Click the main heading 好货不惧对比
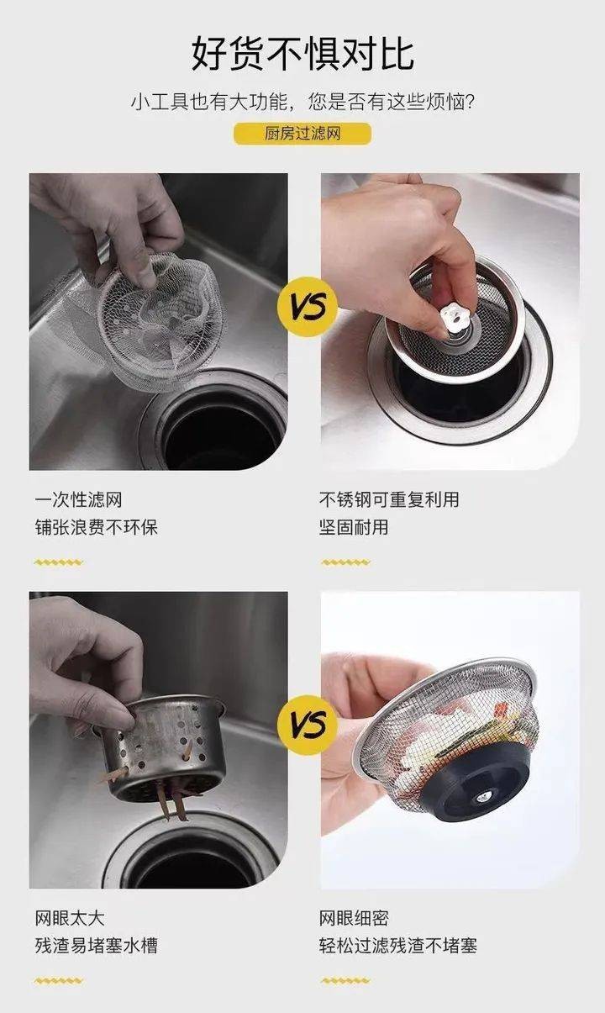(x=302, y=54)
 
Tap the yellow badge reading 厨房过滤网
(x=302, y=134)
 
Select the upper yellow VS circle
(x=308, y=307)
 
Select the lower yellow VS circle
(x=308, y=725)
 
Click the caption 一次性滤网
(x=79, y=500)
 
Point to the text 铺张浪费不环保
(x=97, y=527)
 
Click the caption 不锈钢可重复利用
(x=389, y=499)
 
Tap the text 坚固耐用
(x=354, y=527)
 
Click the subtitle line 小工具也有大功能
(x=209, y=103)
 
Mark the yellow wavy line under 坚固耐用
(x=346, y=562)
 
